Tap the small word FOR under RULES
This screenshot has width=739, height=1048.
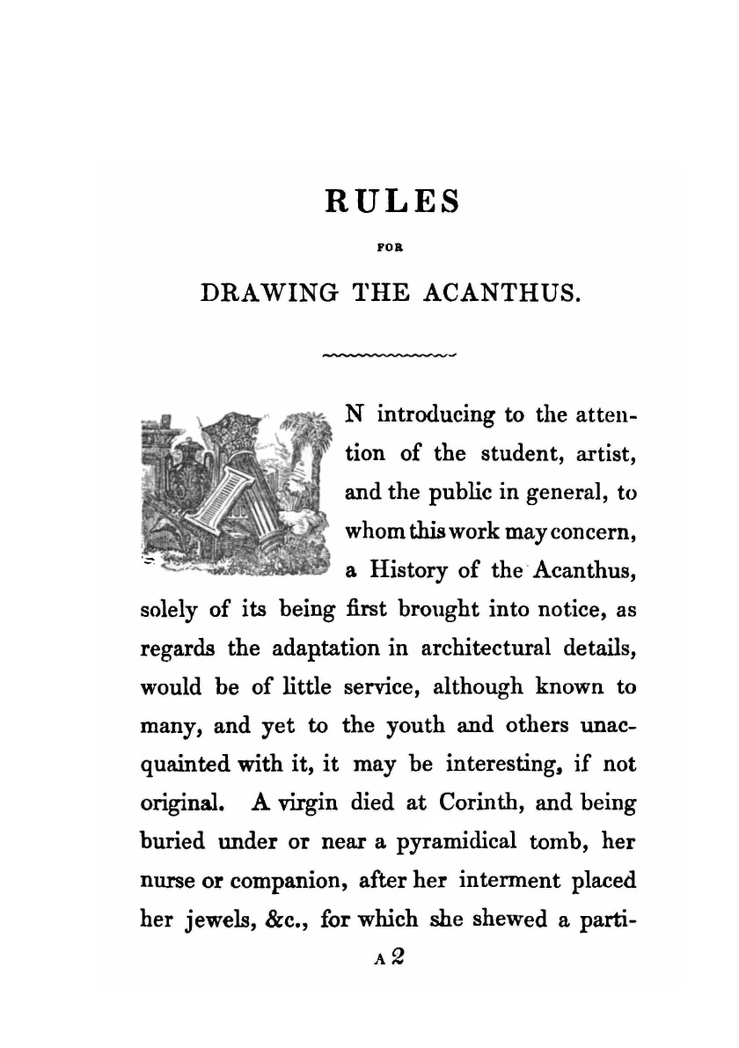point(391,248)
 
